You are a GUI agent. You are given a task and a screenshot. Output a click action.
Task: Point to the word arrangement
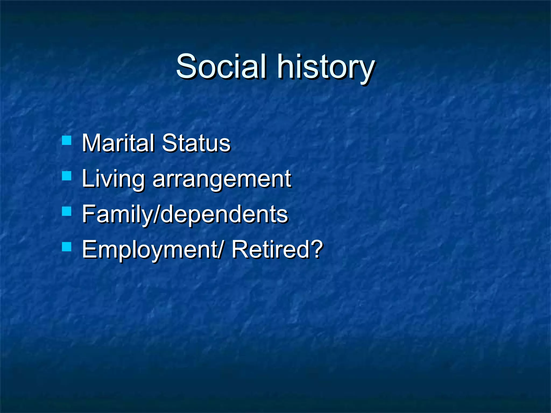(222, 180)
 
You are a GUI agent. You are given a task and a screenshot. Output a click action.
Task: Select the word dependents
(225, 215)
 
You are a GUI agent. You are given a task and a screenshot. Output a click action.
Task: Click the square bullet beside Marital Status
(66, 140)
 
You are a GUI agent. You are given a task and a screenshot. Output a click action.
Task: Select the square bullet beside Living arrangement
(66, 176)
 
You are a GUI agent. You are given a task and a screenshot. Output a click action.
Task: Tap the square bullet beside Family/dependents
(66, 211)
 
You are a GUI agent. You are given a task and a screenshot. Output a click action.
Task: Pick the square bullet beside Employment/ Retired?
(66, 247)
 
